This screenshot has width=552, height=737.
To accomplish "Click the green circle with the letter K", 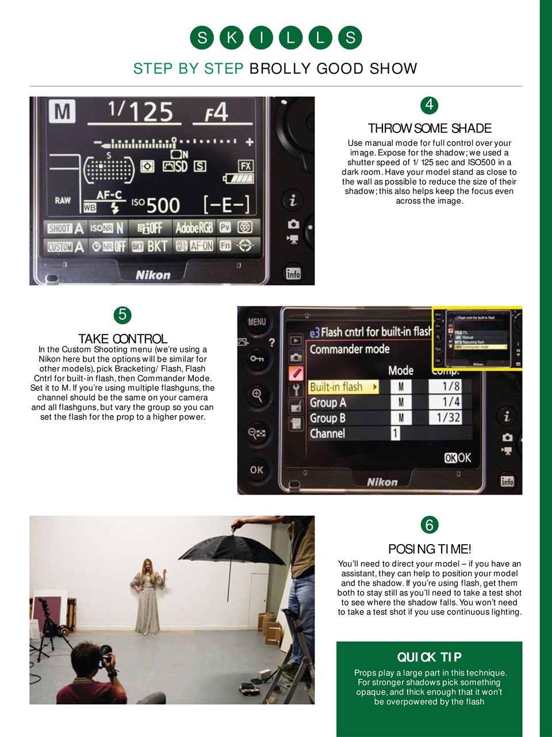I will [232, 38].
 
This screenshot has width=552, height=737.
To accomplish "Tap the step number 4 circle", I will [429, 105].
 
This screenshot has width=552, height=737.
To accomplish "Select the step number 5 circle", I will [122, 315].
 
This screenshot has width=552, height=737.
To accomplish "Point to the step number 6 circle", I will [429, 525].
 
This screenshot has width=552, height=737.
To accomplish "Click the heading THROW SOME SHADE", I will [430, 128].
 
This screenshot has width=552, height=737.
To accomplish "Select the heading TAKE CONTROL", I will [122, 339].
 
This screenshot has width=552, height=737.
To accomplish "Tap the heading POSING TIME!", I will [430, 549].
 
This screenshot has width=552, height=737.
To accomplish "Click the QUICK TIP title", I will [429, 657].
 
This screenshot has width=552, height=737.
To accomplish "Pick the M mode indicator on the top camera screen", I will [62, 112].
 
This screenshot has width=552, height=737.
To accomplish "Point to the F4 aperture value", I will [217, 112].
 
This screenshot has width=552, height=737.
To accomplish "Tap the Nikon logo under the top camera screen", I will [153, 275].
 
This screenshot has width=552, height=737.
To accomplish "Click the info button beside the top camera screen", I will [293, 273].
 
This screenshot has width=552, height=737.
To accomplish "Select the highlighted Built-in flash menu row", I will [343, 387].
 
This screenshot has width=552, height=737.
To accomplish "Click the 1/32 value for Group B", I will [448, 417].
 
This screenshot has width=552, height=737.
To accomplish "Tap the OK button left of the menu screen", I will [256, 470].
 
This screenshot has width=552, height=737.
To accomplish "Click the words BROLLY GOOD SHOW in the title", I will [333, 69].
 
